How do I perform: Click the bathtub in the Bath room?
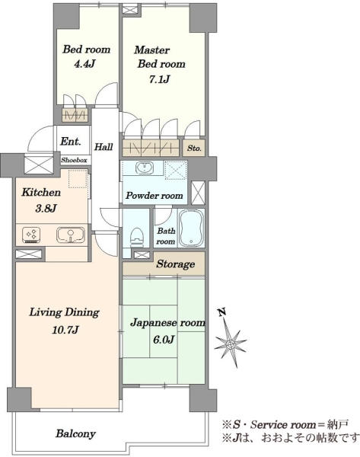[191, 228]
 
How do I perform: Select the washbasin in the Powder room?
[143, 168]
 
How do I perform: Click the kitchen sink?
[71, 235]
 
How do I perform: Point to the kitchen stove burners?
[31, 235]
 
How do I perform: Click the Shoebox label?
[74, 160]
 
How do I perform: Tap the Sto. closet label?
[194, 148]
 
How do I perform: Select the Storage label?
[175, 264]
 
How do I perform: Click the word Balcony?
[75, 434]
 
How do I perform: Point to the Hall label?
[104, 146]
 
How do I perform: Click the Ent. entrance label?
[71, 142]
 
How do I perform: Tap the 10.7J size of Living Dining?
[65, 331]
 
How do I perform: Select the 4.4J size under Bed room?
[84, 64]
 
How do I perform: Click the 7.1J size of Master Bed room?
[159, 79]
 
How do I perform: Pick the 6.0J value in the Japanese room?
[164, 340]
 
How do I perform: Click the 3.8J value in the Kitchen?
[46, 209]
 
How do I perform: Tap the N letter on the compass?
[222, 312]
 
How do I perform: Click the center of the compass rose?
[231, 345]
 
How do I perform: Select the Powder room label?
[154, 196]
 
